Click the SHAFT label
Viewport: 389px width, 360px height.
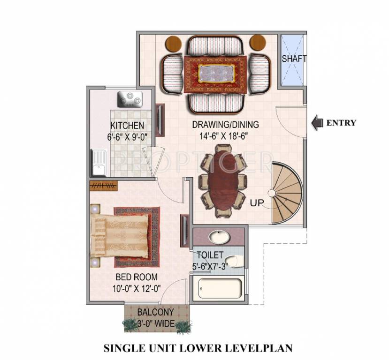point(294,59)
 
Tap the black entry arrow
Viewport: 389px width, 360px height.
point(318,123)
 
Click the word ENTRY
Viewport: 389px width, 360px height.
point(341,123)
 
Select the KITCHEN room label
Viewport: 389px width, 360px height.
point(127,126)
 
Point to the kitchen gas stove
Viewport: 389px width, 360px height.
point(130,98)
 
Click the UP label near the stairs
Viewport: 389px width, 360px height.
point(257,203)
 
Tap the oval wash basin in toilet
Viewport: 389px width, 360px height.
point(218,237)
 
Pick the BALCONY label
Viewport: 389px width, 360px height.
point(156,312)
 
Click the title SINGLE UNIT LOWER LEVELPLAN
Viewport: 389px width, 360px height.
point(198,348)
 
